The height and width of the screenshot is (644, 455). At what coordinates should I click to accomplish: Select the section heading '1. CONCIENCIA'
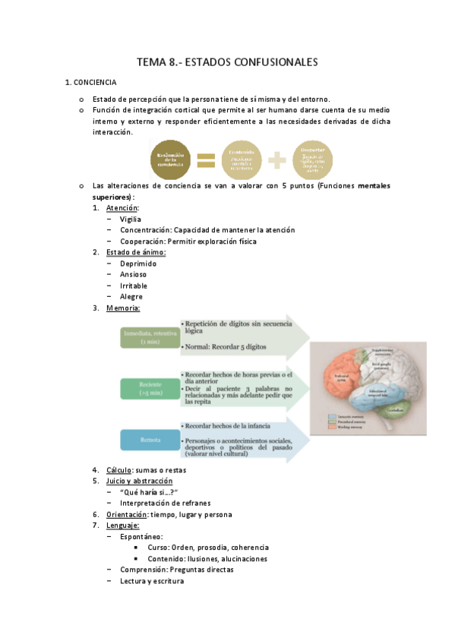90,82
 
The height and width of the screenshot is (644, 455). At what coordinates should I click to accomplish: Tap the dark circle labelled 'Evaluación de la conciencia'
171,159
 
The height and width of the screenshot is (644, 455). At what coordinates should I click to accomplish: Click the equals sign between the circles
206,160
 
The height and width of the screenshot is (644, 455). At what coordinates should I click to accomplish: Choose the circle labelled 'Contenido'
242,159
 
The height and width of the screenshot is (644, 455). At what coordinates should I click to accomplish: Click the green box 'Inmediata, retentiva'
148,337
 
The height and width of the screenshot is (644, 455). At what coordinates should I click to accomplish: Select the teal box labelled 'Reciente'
148,388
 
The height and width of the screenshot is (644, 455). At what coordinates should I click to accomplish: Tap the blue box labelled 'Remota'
148,440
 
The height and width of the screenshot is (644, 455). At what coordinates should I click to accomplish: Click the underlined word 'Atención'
122,208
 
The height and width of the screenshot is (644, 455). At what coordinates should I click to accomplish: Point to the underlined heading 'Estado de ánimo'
136,252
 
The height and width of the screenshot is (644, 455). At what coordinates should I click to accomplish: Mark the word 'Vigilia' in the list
131,219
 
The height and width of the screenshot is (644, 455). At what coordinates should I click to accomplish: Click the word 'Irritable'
134,285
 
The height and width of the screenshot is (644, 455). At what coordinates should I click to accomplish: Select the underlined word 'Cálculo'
120,470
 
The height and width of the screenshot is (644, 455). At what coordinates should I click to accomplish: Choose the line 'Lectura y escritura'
151,580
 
